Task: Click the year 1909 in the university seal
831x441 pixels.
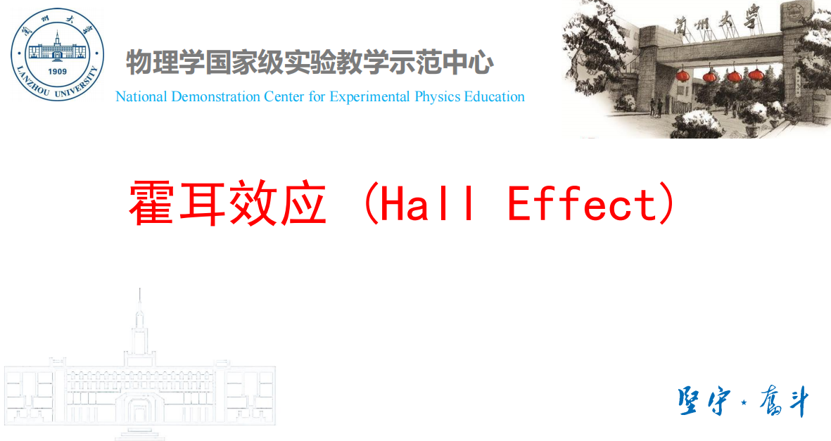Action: [58, 72]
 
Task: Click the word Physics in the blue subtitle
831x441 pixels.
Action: [438, 97]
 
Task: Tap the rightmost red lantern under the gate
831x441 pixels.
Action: [756, 74]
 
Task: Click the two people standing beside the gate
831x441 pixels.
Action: [656, 108]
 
